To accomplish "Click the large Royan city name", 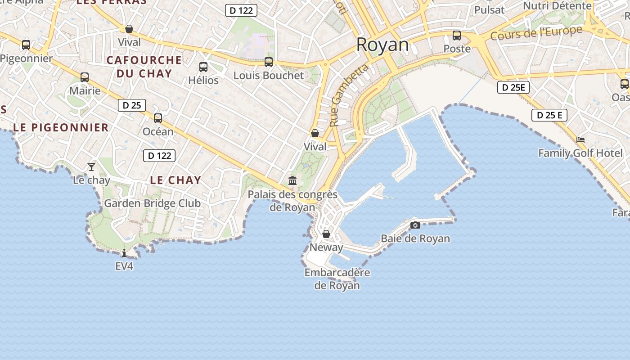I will coord(382,45).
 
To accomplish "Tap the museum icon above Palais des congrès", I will coord(292,180).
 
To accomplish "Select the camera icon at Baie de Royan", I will coord(415,225).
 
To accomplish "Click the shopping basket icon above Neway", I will coord(326,234).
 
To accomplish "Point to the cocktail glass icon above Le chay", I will coord(91,167).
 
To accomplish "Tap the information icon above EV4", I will coord(124,253).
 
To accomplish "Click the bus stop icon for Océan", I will coord(158,118).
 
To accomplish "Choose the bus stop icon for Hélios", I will coord(203,67).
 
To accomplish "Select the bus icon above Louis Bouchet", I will coord(269,62).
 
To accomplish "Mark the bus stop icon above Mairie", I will coord(85,77).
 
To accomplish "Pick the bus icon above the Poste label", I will coord(457,36).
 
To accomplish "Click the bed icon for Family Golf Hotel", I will coord(580,140).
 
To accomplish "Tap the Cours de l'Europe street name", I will coord(536,32).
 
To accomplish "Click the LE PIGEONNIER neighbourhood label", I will coord(61,127).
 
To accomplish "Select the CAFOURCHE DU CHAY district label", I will coord(144,67).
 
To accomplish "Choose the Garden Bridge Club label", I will coord(152,203).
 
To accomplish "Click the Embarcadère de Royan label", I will coord(337,279).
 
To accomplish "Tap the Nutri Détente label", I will coord(557,6).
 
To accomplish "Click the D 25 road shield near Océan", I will coord(132,105).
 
